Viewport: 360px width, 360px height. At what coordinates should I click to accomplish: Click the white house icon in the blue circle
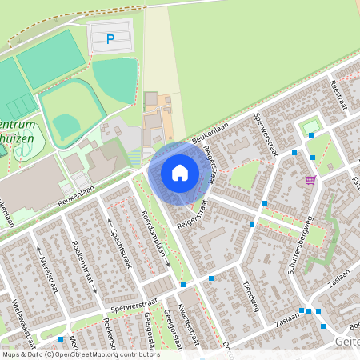[x=180, y=172]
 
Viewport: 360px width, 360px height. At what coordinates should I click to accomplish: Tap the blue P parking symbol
[x=110, y=38]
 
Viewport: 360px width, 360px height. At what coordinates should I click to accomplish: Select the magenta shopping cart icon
[x=310, y=179]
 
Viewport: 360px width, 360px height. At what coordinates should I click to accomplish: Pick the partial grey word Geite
[x=344, y=342]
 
